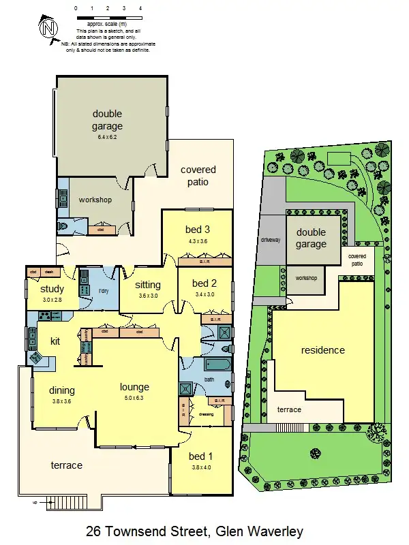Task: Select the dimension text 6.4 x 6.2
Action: [108, 137]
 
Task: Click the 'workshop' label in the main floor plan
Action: [95, 200]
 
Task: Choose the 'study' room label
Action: [47, 289]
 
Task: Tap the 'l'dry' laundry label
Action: [104, 292]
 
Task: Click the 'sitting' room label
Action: [148, 285]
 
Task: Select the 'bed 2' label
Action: [204, 283]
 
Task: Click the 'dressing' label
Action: [206, 414]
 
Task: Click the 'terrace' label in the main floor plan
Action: [67, 465]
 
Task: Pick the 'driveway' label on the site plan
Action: [271, 240]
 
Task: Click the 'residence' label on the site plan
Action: [323, 350]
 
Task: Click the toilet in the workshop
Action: [64, 227]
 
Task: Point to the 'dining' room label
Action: [62, 390]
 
